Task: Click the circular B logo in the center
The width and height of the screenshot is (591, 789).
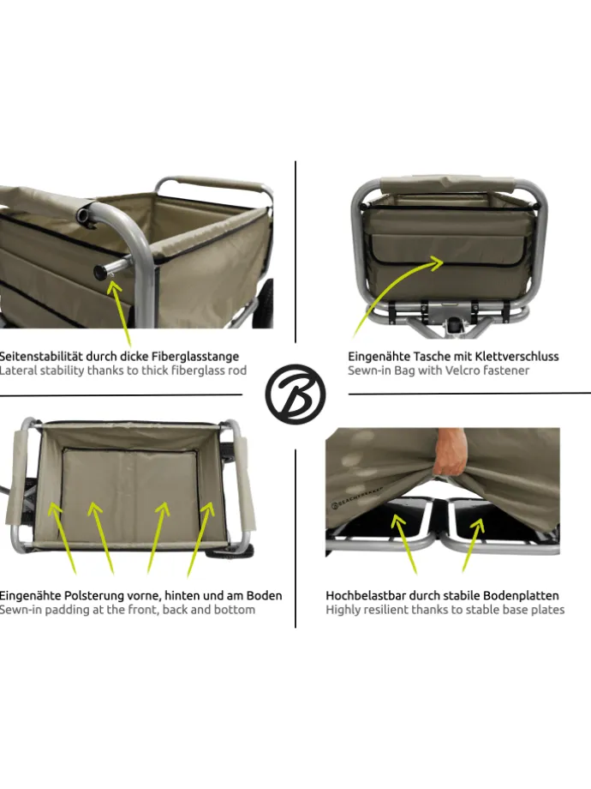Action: coord(295,394)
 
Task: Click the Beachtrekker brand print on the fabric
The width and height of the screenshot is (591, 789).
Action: coord(357,497)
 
